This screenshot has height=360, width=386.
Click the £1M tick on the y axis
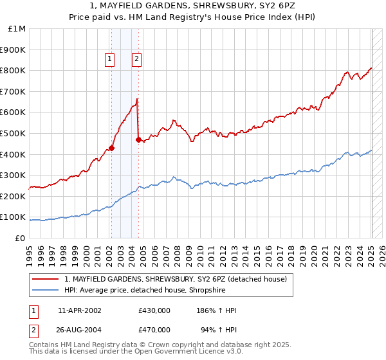[17, 28]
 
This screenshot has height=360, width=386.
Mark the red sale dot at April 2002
[111, 148]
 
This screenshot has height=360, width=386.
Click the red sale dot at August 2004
[138, 139]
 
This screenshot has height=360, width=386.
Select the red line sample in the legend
[46, 278]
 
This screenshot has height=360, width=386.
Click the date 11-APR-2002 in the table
[80, 310]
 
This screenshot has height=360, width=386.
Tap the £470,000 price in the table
[154, 329]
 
